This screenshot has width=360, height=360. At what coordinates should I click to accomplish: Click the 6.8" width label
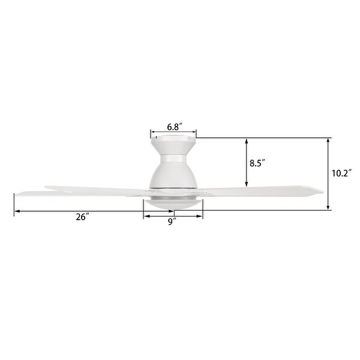point(174,127)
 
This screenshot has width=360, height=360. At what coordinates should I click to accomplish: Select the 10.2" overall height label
point(341,174)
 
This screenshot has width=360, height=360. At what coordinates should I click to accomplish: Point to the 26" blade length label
point(83,217)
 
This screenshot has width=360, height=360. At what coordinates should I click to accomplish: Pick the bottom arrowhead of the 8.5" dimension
point(247,184)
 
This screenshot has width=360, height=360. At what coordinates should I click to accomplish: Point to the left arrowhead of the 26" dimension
point(17,211)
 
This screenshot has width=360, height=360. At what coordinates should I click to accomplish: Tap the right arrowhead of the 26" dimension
point(172,211)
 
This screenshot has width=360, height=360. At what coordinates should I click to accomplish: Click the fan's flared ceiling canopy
point(173,145)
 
